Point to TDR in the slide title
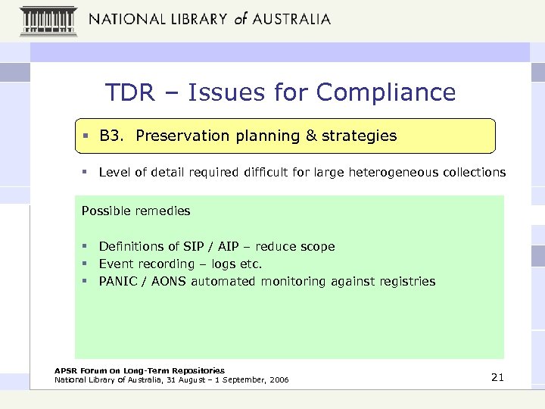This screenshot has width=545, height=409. (129, 92)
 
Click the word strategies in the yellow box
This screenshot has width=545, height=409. (359, 136)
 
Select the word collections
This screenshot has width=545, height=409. (472, 172)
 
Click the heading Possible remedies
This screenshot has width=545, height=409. (135, 211)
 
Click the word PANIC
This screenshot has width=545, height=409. (118, 281)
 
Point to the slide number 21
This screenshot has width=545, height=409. (497, 377)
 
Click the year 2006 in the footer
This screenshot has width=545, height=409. (278, 379)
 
